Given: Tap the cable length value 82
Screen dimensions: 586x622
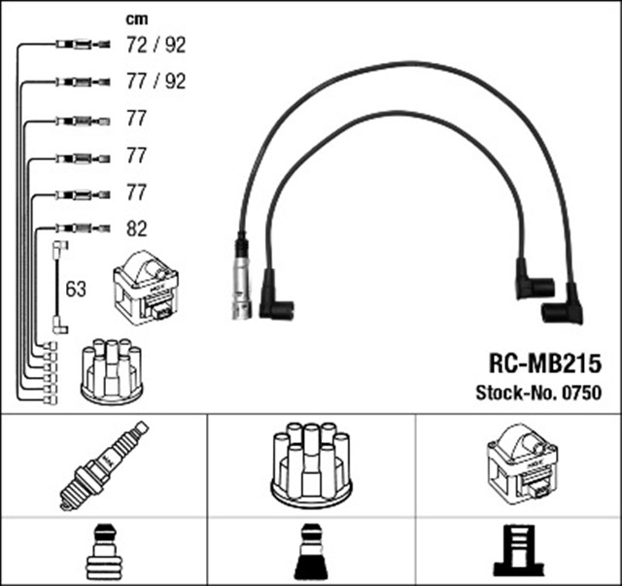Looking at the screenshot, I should tap(137, 229).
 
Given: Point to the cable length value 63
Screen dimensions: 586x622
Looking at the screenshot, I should tap(76, 288).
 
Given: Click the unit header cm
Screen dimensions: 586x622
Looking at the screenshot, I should tap(138, 18).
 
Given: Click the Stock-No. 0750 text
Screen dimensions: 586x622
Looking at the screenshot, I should tap(538, 393).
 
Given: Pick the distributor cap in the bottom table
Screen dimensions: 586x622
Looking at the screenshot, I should tap(310, 464).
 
